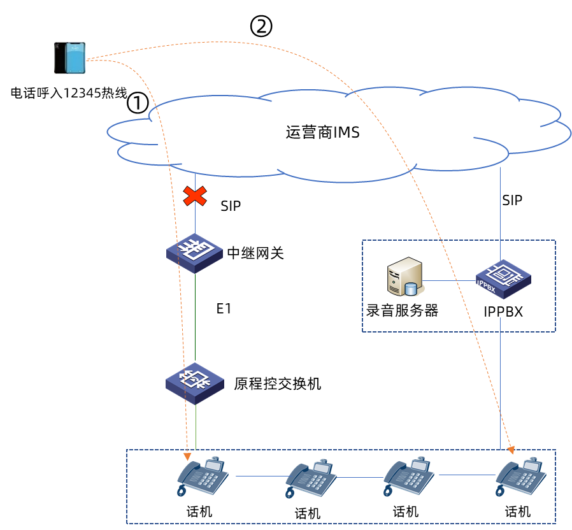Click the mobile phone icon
click(69, 58)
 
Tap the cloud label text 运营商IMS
click(322, 132)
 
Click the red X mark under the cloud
click(195, 196)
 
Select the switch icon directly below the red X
click(194, 253)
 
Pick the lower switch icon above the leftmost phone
click(194, 383)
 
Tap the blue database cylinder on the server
click(411, 289)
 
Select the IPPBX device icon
click(503, 279)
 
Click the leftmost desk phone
click(203, 476)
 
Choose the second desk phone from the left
click(311, 478)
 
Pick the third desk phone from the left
click(409, 476)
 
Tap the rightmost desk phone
click(521, 476)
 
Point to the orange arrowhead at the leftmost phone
click(187, 457)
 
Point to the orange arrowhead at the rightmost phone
click(511, 450)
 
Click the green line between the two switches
click(195, 319)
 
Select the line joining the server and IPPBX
click(450, 280)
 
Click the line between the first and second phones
click(261, 475)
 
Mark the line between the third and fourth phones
click(466, 475)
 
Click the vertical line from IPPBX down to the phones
click(500, 382)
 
